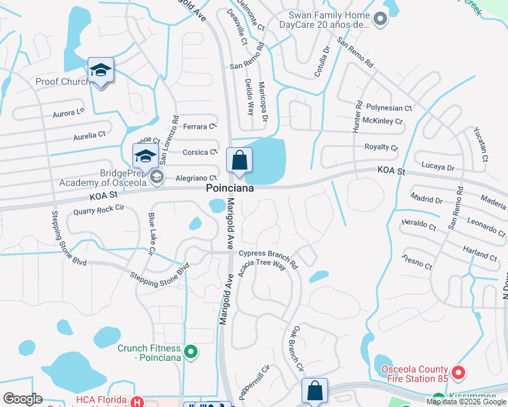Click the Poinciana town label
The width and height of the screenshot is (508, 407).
[230, 190]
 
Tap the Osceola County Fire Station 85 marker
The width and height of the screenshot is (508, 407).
[458, 372]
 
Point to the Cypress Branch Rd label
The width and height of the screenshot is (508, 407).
[269, 256]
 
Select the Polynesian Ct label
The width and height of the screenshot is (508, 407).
[389, 108]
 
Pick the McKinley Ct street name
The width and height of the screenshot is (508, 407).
[383, 121]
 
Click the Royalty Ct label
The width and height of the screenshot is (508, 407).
[381, 147]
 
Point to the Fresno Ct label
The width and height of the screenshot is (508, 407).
[417, 261]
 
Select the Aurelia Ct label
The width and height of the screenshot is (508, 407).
[90, 136]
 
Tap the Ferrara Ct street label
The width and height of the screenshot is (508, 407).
[199, 126]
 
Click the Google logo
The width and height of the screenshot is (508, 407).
[22, 399]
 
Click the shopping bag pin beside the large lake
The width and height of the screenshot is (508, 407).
[239, 161]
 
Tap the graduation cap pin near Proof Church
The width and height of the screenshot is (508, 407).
[101, 71]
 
